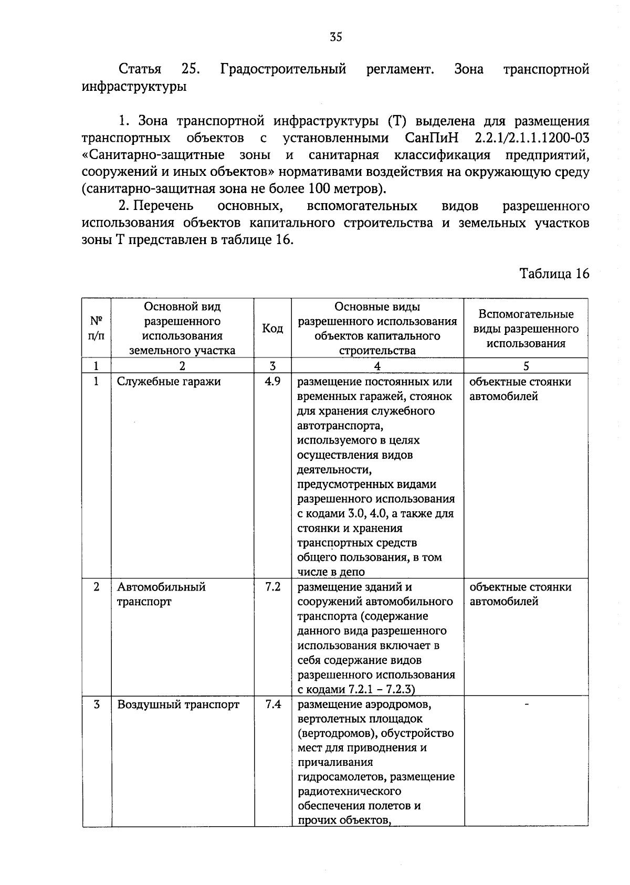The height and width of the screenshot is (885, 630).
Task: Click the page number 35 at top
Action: (336, 37)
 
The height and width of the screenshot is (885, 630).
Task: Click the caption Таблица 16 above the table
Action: (554, 273)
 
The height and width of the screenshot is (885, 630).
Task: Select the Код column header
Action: (272, 329)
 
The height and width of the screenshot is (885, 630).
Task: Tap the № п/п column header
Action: (96, 329)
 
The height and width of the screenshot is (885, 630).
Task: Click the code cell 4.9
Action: (272, 382)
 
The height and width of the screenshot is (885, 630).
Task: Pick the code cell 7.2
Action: (272, 587)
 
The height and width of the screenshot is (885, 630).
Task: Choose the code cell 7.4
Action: (272, 704)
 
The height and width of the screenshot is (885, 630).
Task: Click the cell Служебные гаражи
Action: (169, 382)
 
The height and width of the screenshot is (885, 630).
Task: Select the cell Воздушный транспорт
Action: (178, 704)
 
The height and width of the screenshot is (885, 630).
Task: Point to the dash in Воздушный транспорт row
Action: (526, 703)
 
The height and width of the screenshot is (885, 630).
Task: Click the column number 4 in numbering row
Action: (377, 366)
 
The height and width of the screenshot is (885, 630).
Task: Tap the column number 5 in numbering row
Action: (526, 366)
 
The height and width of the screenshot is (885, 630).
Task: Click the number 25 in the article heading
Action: (190, 69)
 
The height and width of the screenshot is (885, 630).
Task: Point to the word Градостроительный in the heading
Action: (283, 69)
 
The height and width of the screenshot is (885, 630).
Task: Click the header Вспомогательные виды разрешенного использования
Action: (526, 329)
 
